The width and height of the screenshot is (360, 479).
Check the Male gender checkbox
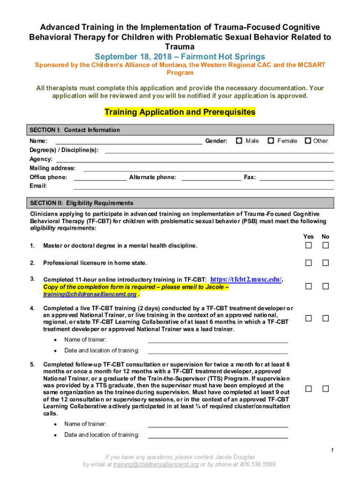click(x=239, y=140)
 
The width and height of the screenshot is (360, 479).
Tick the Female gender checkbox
click(x=271, y=140)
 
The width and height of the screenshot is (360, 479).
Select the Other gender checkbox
click(x=308, y=140)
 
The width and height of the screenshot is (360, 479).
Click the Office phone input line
click(x=100, y=178)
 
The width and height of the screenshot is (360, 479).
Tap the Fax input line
click(x=296, y=178)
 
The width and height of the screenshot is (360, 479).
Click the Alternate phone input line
click(x=211, y=178)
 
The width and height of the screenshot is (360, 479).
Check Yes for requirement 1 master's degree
click(x=309, y=246)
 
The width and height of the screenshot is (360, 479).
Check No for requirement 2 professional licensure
click(x=326, y=263)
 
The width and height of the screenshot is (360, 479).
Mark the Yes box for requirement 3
click(x=309, y=286)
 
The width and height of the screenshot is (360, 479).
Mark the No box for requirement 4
click(x=326, y=318)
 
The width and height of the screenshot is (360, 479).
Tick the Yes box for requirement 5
click(x=309, y=389)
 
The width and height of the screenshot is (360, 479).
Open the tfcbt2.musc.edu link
click(x=246, y=279)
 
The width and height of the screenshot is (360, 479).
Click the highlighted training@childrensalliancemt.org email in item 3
click(x=90, y=294)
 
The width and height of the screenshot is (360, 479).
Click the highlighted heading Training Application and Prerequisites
click(x=180, y=112)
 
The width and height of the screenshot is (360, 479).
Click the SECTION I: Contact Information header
click(x=75, y=130)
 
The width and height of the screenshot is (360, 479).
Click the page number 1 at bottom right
click(x=331, y=450)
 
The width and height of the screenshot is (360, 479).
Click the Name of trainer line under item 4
click(x=217, y=340)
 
